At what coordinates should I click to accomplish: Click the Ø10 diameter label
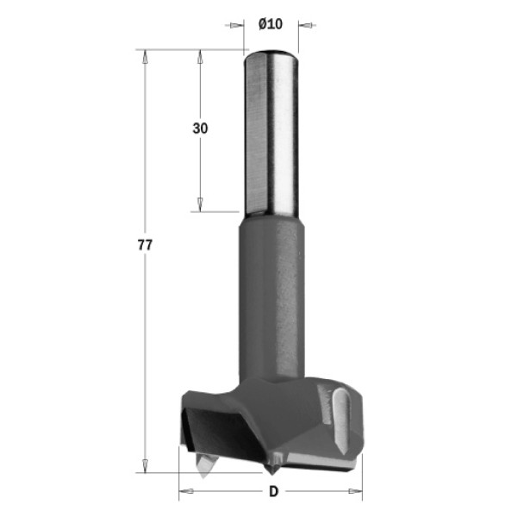tap(271, 24)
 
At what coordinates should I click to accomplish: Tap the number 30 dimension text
tap(200, 128)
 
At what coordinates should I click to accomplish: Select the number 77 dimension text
tap(145, 245)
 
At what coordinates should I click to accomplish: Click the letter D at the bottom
tap(274, 491)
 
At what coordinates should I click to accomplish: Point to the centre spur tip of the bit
tap(271, 474)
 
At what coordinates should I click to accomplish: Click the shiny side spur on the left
tap(204, 465)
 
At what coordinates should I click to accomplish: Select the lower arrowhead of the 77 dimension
tap(145, 465)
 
